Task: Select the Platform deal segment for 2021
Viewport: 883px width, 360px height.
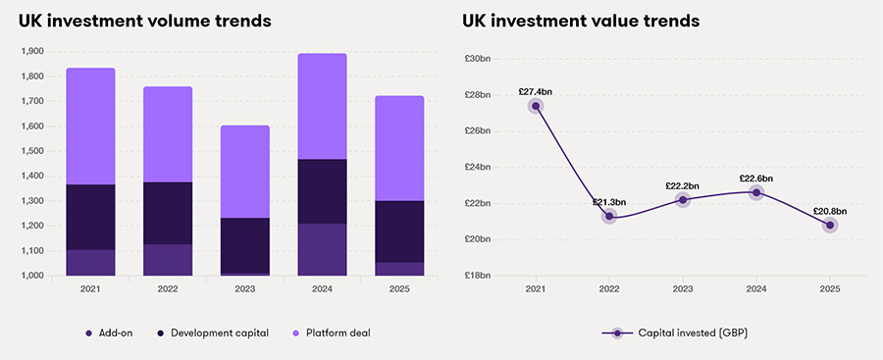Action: click(90, 126)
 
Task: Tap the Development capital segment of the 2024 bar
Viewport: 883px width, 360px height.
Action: click(323, 191)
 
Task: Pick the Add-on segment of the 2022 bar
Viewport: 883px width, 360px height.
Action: click(168, 260)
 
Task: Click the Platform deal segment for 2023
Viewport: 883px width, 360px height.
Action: click(245, 172)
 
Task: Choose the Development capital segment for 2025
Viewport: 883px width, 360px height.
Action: click(400, 231)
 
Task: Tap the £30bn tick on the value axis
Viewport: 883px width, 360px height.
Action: click(478, 59)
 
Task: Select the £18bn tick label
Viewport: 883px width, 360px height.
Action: click(478, 276)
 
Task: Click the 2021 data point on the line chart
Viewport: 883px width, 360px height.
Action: click(536, 106)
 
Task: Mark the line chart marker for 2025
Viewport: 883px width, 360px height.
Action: click(830, 226)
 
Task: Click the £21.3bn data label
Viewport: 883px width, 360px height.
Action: click(608, 202)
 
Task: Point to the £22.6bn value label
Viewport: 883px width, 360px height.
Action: click(756, 179)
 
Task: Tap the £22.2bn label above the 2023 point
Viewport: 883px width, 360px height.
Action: click(683, 185)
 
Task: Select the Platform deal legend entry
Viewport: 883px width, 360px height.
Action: click(328, 333)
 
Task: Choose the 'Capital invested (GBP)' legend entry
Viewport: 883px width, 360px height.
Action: click(676, 333)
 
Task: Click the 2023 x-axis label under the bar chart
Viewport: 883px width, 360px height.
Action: click(245, 289)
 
